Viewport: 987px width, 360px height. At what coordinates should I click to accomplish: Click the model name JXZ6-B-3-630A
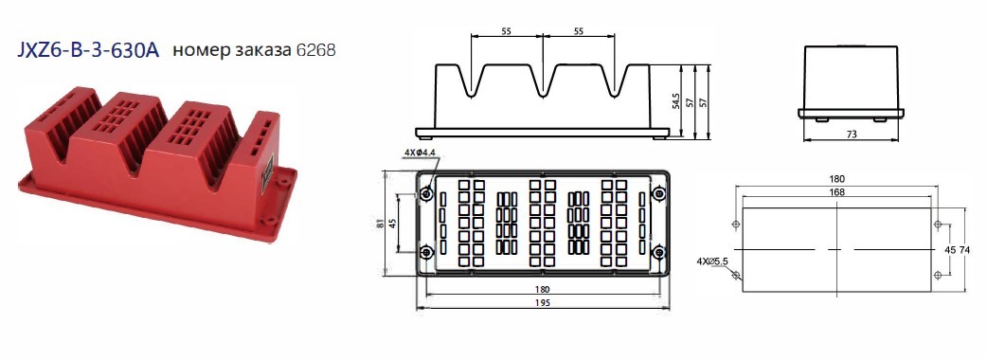pyautogui.click(x=89, y=50)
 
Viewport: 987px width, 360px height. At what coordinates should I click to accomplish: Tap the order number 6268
pyautogui.click(x=315, y=50)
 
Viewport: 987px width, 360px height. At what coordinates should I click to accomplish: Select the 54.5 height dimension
pyautogui.click(x=675, y=100)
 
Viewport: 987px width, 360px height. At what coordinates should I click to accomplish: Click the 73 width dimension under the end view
pyautogui.click(x=851, y=135)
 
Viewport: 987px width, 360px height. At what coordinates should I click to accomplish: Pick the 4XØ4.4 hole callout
pyautogui.click(x=420, y=153)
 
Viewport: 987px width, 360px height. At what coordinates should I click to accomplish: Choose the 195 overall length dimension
pyautogui.click(x=543, y=303)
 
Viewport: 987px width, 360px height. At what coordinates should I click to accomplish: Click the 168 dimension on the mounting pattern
pyautogui.click(x=837, y=192)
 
